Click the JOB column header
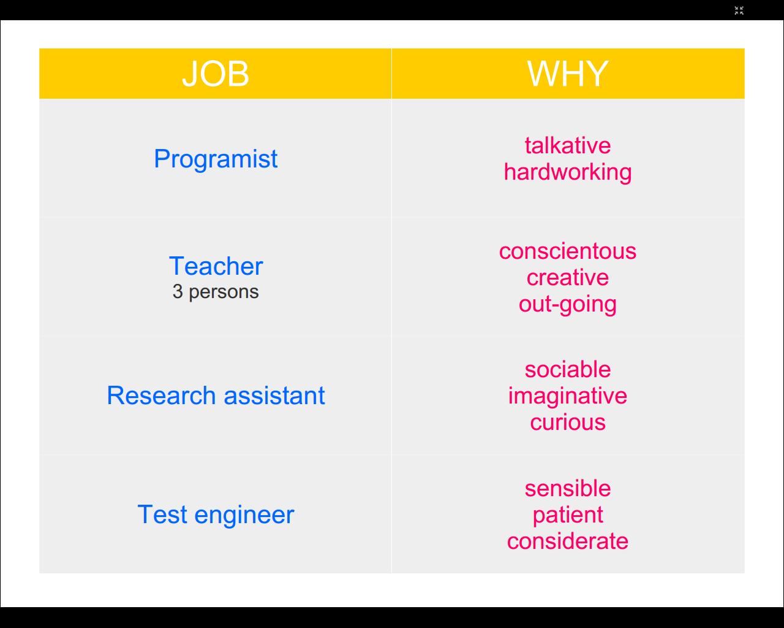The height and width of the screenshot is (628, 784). coord(216,74)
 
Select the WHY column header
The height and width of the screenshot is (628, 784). coord(568,74)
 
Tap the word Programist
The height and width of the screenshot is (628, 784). coord(216,159)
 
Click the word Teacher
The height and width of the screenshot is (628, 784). coord(216,266)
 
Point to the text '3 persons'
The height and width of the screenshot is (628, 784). coord(216,292)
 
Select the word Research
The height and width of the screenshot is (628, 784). coord(161,395)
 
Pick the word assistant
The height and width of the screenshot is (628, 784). coord(274,396)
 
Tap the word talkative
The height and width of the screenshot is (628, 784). coord(568,145)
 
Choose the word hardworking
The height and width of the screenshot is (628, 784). coord(568,172)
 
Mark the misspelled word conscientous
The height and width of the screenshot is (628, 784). coord(568,251)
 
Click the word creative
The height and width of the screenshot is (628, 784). coord(568,277)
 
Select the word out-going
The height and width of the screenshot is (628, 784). coord(568,305)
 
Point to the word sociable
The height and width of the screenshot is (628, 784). coord(568,369)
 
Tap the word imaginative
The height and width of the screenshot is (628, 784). coord(568,397)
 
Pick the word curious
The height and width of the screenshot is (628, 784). coord(568,423)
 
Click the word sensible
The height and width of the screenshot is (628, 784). coord(568,488)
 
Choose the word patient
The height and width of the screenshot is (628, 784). coord(568,516)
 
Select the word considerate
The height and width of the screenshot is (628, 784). coord(568,541)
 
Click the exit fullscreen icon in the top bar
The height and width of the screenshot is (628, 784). coord(739,10)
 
